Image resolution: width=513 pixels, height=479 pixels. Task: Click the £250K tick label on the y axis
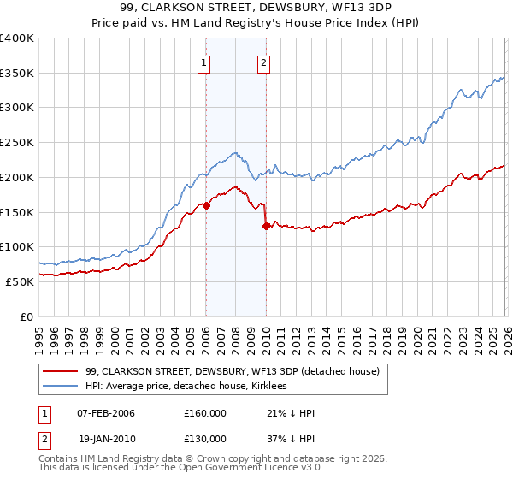click(x=17, y=142)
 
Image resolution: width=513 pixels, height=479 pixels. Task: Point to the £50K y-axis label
click(x=20, y=281)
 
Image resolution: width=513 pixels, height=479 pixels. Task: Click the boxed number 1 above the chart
click(x=205, y=62)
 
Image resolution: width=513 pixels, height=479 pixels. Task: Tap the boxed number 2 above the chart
click(x=263, y=62)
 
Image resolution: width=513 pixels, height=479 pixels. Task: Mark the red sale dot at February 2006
click(x=206, y=205)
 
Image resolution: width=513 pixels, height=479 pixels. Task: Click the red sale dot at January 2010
click(x=266, y=226)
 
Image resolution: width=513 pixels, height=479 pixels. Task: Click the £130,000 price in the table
click(x=205, y=438)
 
